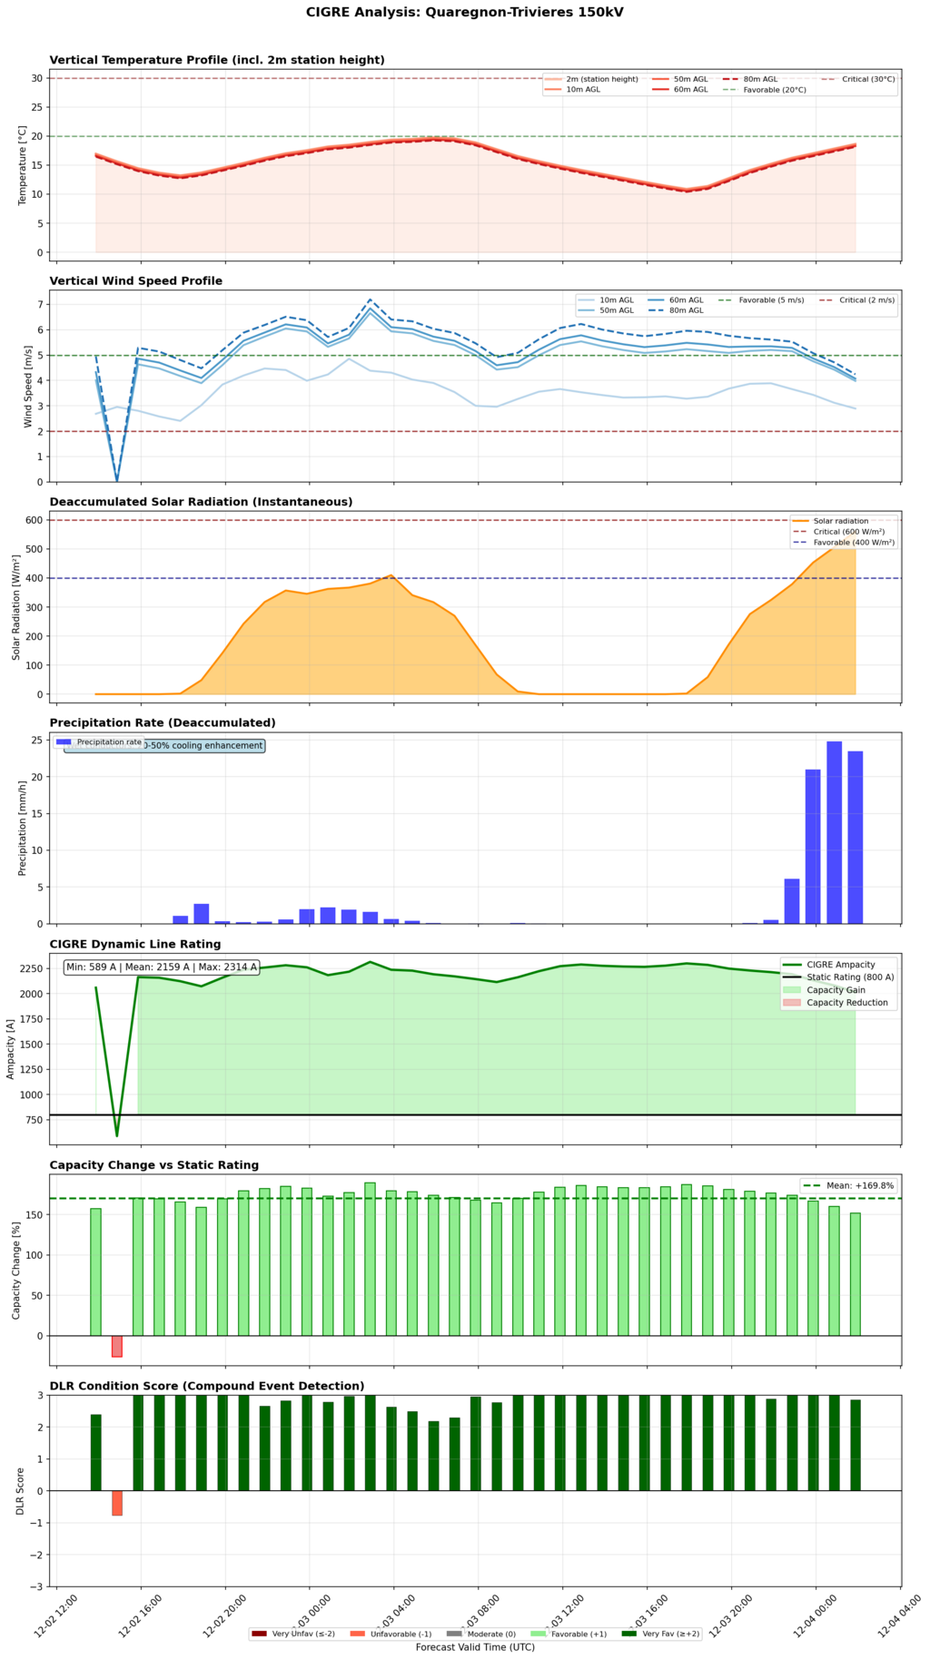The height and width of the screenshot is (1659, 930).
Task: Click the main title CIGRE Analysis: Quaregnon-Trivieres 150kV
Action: [465, 12]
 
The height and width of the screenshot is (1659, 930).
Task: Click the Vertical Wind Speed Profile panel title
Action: [135, 280]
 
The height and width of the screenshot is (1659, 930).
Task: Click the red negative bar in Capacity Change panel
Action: [117, 1346]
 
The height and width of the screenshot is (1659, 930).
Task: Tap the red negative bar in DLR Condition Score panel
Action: [117, 1502]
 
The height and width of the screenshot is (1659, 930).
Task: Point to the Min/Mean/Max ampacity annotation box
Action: [162, 967]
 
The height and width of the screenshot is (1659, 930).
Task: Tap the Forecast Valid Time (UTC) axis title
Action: [475, 1646]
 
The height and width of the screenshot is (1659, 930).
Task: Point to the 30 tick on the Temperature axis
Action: [37, 78]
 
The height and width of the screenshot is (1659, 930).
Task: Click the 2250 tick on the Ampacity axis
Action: [31, 968]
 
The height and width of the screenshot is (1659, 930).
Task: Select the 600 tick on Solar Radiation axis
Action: [35, 520]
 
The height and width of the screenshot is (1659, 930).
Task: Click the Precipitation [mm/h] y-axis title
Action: [23, 828]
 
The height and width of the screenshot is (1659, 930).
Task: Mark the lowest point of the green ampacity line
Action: [116, 1135]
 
